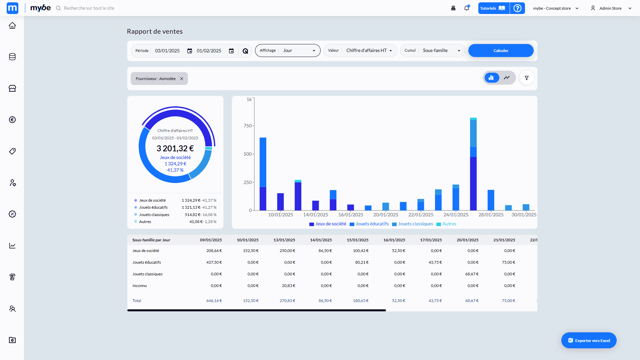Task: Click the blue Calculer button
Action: (501, 51)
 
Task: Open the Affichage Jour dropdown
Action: (288, 51)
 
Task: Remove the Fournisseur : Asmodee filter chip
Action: (182, 79)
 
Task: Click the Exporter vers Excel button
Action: (589, 340)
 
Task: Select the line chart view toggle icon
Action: (507, 78)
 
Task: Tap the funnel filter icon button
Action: (527, 78)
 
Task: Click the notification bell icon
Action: (467, 8)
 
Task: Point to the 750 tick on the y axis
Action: (248, 126)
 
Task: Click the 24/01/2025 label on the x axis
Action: (456, 215)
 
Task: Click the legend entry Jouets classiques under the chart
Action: (415, 224)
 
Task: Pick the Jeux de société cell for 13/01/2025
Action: (287, 251)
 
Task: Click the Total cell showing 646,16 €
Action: (214, 301)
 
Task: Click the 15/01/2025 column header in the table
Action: (357, 240)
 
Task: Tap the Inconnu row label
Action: (139, 286)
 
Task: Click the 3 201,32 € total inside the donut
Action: (175, 148)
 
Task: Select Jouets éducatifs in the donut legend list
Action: (153, 207)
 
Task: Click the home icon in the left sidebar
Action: (12, 25)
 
